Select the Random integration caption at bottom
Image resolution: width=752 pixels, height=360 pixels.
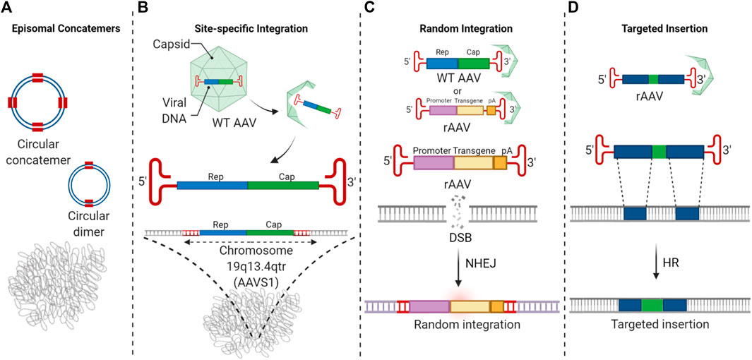(462, 325)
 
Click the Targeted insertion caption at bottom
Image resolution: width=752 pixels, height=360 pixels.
(657, 325)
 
